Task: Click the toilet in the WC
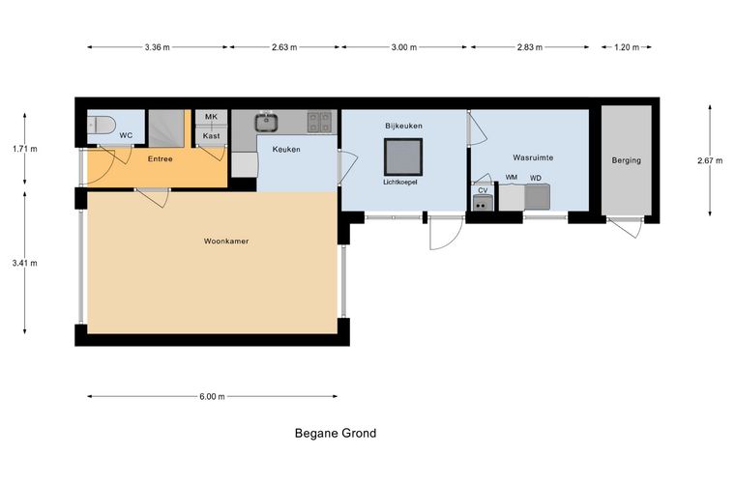[x=101, y=125]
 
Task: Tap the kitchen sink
[x=267, y=122]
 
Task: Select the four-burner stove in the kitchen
[x=320, y=122]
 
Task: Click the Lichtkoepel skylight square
[x=403, y=156]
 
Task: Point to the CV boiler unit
[x=483, y=203]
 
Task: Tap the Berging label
[x=627, y=160]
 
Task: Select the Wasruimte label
[x=533, y=157]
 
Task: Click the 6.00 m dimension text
[x=212, y=396]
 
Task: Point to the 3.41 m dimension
[x=25, y=263]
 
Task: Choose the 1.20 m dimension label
[x=627, y=47]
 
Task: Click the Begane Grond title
[x=336, y=434]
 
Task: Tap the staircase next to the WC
[x=166, y=128]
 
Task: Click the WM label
[x=512, y=178]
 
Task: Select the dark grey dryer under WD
[x=537, y=197]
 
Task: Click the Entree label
[x=161, y=159]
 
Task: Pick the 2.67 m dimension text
[x=710, y=160]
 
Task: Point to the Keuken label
[x=286, y=150]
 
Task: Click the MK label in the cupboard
[x=212, y=117]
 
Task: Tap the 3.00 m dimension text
[x=404, y=47]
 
